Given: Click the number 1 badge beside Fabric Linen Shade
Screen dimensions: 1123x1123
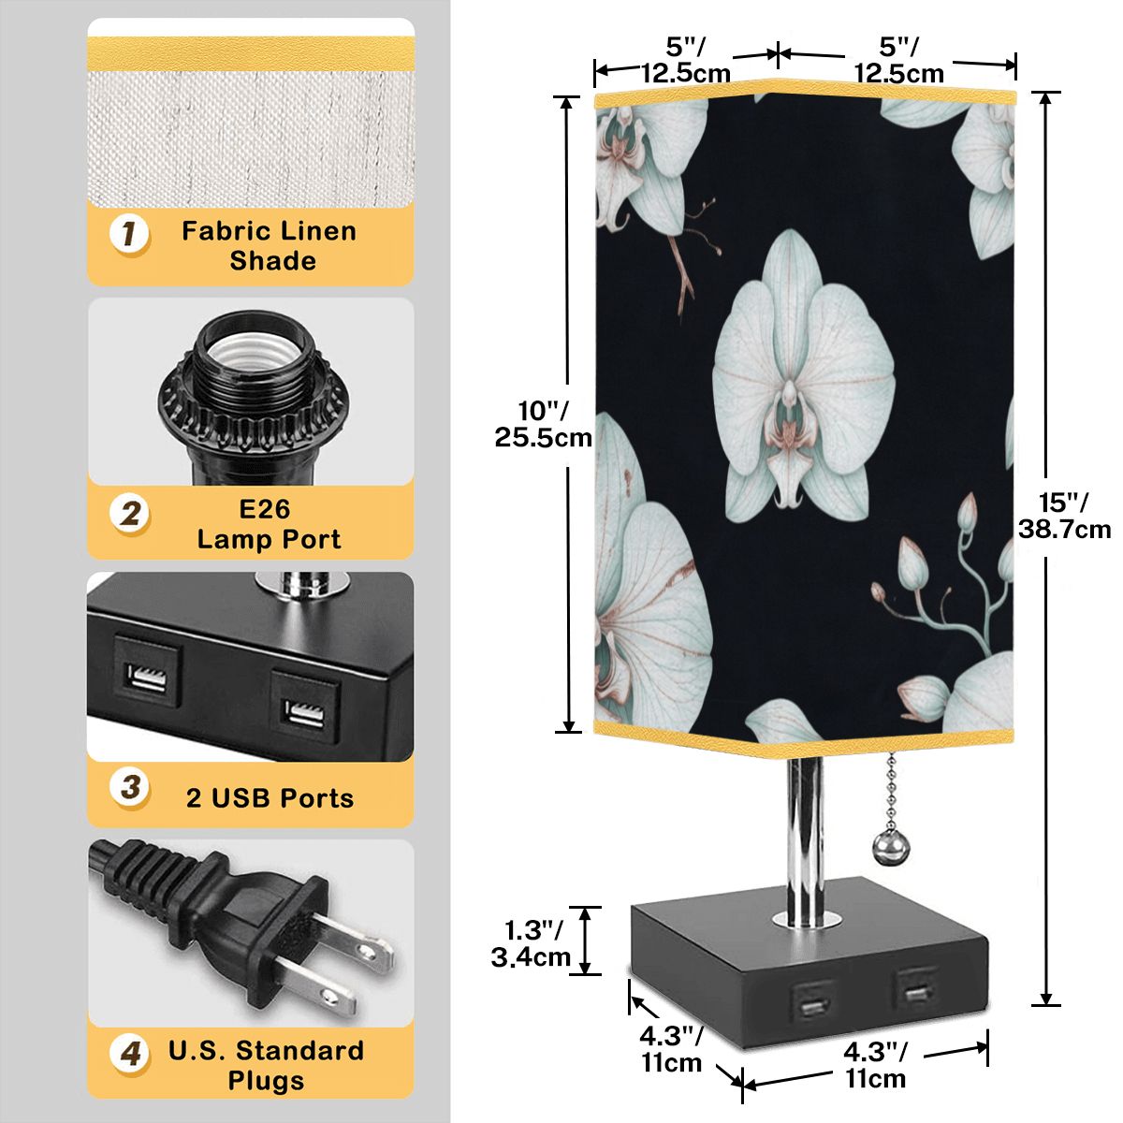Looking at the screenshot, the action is [x=129, y=235].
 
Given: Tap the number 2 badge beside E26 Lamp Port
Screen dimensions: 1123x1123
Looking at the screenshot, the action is [x=129, y=514].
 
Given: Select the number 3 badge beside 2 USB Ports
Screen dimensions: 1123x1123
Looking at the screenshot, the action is [x=129, y=788].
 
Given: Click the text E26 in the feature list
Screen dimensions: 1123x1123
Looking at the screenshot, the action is [x=265, y=509].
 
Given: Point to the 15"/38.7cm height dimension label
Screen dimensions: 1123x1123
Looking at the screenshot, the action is [x=1064, y=515].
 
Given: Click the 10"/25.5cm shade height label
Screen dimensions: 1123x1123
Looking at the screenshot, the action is [x=542, y=424].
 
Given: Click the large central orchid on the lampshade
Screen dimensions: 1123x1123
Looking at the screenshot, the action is [x=803, y=373].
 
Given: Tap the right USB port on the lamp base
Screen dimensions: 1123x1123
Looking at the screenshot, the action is [x=915, y=991].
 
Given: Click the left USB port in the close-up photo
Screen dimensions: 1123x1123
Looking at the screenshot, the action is [x=148, y=678].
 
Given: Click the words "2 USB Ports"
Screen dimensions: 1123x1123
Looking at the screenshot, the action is [x=270, y=798].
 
